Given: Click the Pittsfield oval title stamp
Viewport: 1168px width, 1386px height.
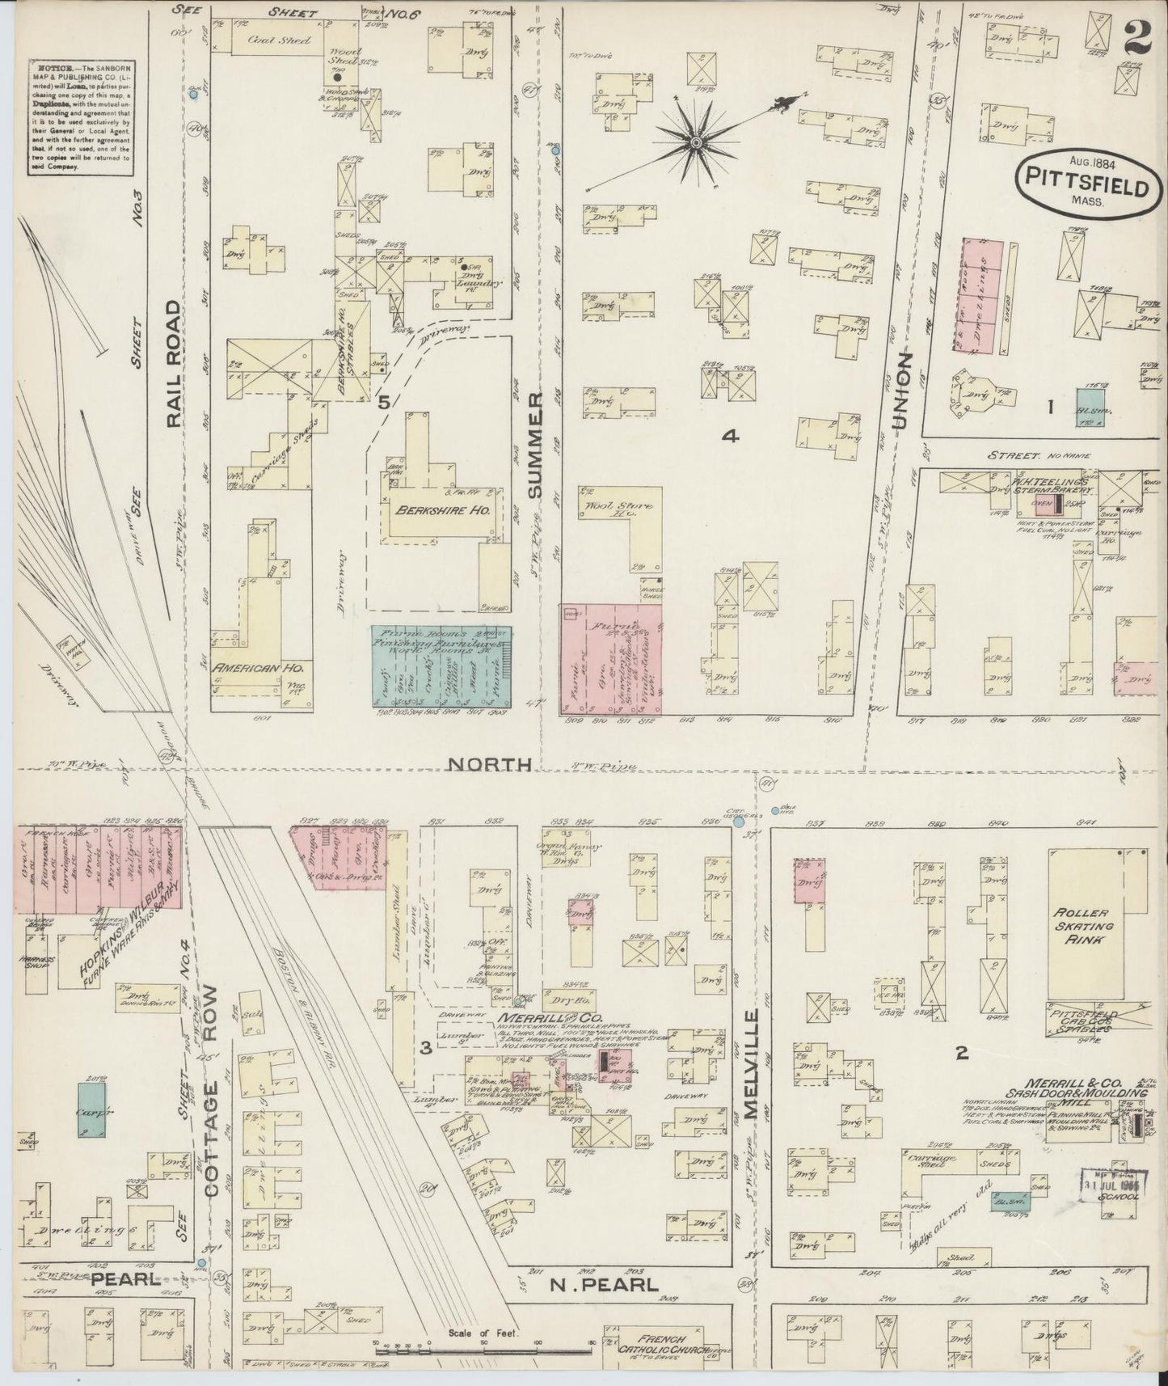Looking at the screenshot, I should [x=1083, y=182].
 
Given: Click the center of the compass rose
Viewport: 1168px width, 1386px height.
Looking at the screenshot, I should [x=694, y=143].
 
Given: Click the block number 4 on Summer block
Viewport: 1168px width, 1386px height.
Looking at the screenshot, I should [x=730, y=437].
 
